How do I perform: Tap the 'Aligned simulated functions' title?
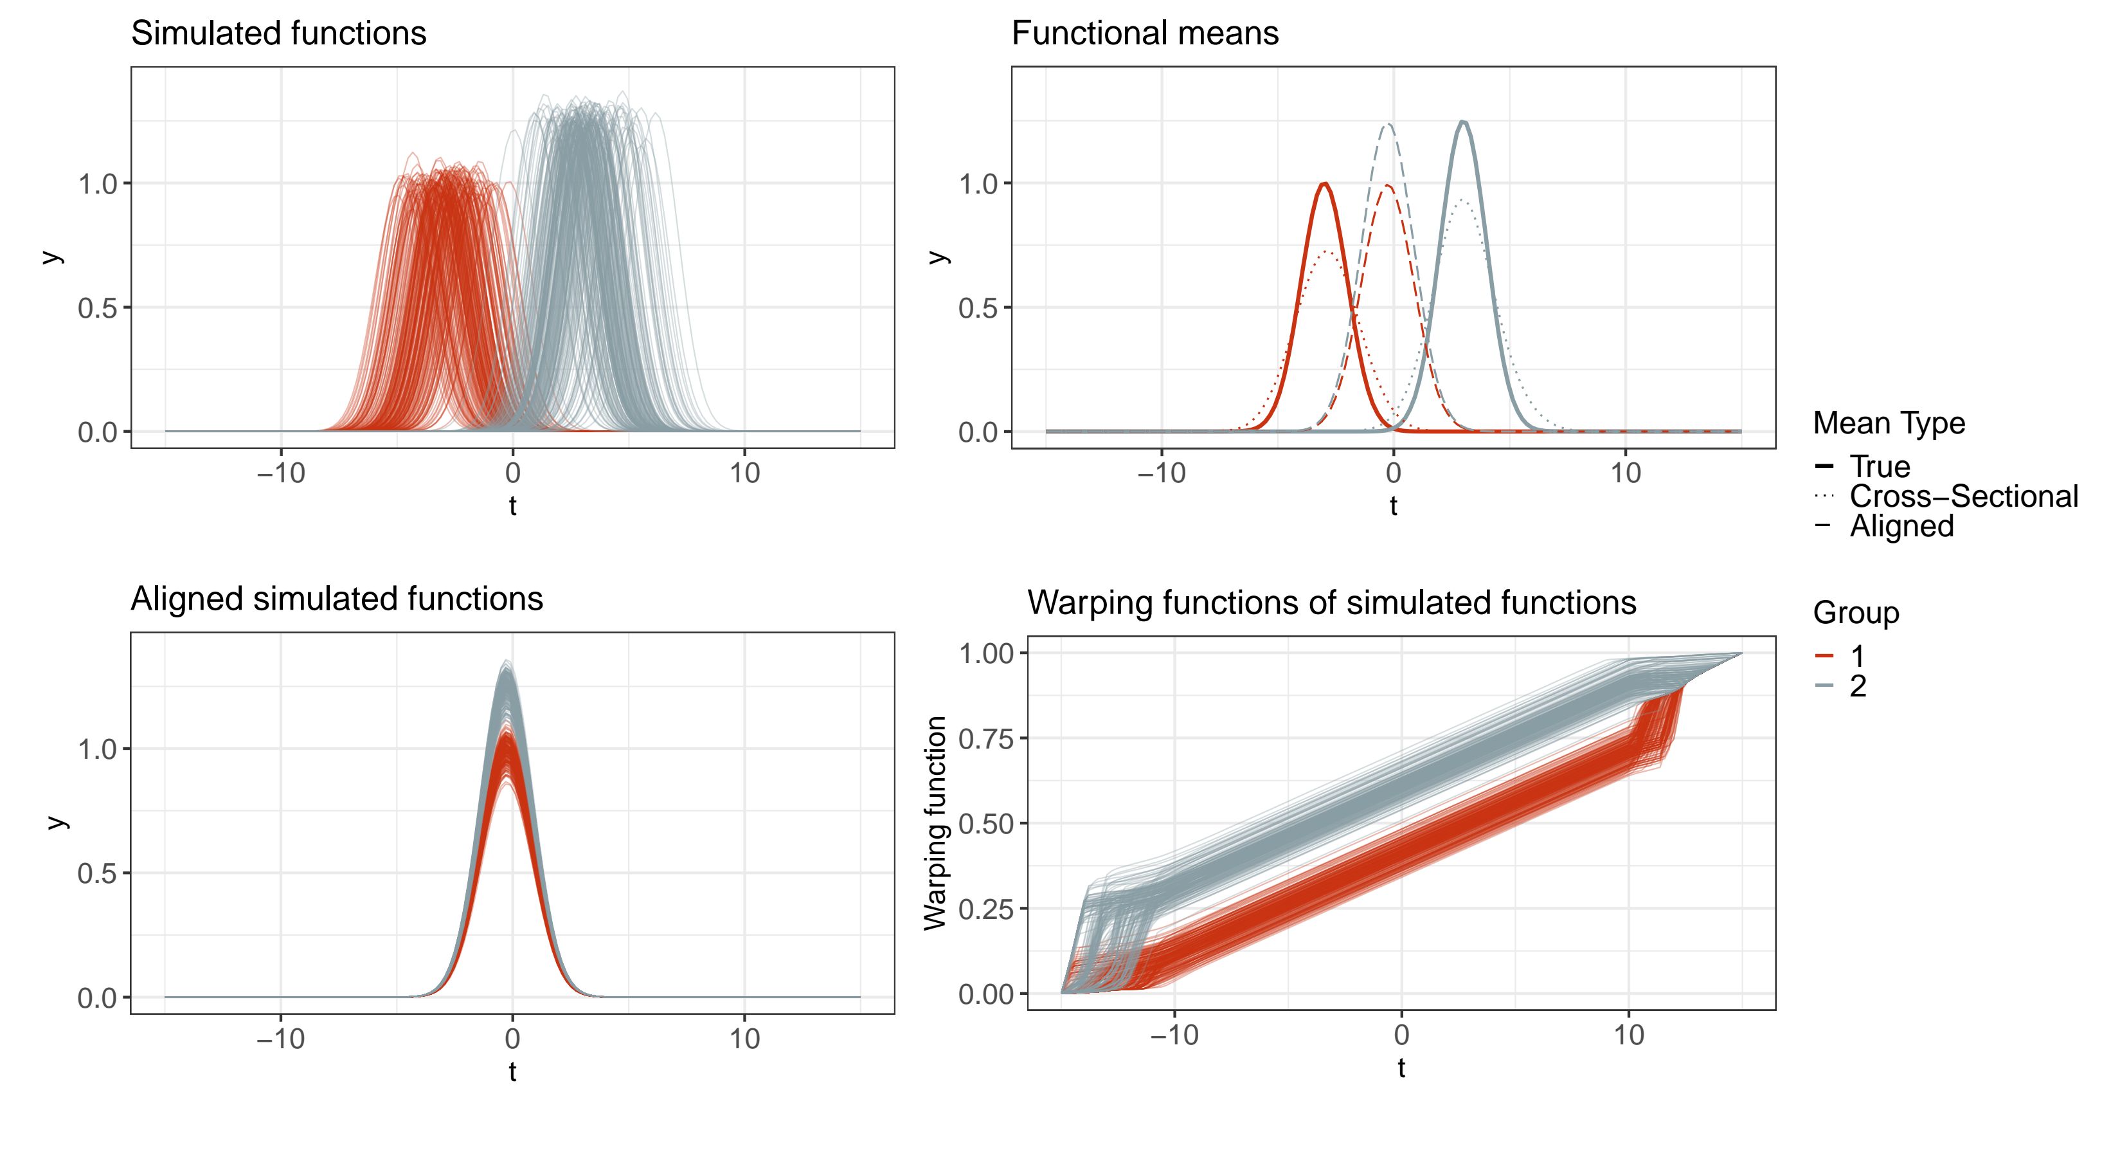[x=337, y=599]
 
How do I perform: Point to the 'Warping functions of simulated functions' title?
[x=1332, y=603]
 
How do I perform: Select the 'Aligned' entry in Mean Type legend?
[x=1901, y=525]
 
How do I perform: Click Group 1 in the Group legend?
[x=1857, y=656]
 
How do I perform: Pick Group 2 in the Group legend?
[x=1858, y=686]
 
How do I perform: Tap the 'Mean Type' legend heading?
[x=1889, y=423]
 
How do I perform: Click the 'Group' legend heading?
[x=1855, y=613]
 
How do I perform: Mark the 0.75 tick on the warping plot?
[x=987, y=738]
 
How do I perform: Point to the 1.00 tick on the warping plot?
[x=987, y=653]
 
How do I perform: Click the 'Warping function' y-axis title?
[x=935, y=823]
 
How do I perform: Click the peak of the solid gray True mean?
[x=1463, y=122]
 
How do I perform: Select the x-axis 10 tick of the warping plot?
[x=1629, y=1035]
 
